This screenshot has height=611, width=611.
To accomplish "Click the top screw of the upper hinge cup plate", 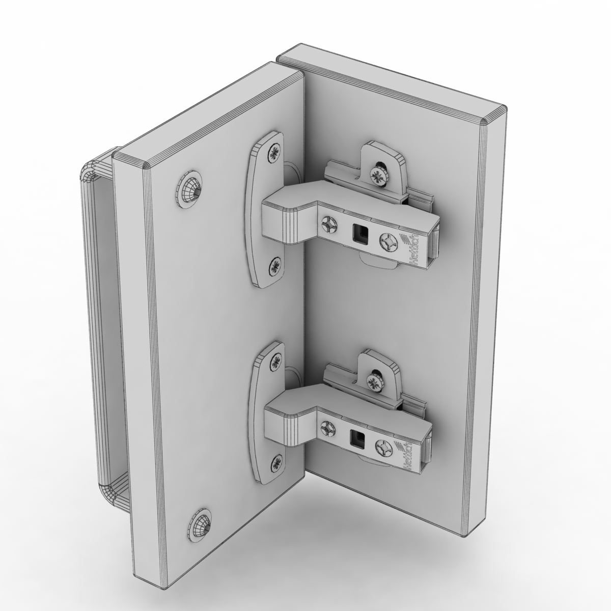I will pyautogui.click(x=275, y=151).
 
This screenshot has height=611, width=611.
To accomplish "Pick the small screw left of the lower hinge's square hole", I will pyautogui.click(x=327, y=428).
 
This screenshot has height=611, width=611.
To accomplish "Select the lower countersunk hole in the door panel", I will pyautogui.click(x=203, y=520).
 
